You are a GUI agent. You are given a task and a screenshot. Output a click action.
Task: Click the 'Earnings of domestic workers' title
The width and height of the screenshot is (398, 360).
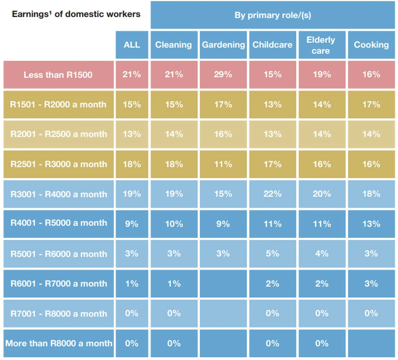click(x=76, y=14)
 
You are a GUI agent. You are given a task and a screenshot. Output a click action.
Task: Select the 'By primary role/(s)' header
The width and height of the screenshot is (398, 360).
click(x=273, y=15)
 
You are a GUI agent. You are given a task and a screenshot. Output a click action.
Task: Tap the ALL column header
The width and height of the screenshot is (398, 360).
click(x=132, y=45)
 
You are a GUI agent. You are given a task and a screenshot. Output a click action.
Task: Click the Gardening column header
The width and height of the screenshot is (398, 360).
click(x=223, y=45)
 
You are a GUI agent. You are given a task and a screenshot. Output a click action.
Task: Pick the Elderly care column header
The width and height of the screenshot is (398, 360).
click(x=322, y=45)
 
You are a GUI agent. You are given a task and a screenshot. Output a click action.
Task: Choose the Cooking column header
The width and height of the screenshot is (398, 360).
click(x=371, y=45)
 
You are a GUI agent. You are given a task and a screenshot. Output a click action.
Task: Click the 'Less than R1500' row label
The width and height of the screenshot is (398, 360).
click(x=58, y=75)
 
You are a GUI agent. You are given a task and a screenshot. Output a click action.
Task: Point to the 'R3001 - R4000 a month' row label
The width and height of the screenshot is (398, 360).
click(x=58, y=194)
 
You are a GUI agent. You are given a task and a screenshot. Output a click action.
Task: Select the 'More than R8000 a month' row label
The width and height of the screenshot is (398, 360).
click(x=58, y=343)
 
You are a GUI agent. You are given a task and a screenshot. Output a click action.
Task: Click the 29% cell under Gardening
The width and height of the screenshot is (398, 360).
click(x=223, y=75)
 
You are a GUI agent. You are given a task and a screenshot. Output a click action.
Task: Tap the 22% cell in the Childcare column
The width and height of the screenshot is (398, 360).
click(x=273, y=194)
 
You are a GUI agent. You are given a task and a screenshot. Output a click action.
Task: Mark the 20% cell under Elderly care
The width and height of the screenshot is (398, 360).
click(x=322, y=194)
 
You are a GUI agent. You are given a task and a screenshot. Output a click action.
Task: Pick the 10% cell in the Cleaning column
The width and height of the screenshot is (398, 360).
click(x=174, y=224)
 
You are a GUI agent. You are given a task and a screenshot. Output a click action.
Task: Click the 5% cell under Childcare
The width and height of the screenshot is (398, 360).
click(x=273, y=254)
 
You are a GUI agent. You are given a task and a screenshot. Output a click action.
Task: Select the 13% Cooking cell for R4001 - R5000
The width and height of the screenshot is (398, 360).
click(x=371, y=224)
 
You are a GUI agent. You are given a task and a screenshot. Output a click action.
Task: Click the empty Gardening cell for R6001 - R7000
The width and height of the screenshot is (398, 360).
click(x=223, y=284)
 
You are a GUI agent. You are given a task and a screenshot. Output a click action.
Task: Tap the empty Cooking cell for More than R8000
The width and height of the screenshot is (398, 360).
click(x=371, y=343)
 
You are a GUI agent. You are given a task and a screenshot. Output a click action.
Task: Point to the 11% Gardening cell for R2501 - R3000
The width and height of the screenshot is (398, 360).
click(x=223, y=164)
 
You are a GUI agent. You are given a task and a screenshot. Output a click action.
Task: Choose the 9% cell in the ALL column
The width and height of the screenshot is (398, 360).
click(x=132, y=224)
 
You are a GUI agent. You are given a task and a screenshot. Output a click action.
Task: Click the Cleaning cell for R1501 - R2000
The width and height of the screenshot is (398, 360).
click(x=174, y=105)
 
